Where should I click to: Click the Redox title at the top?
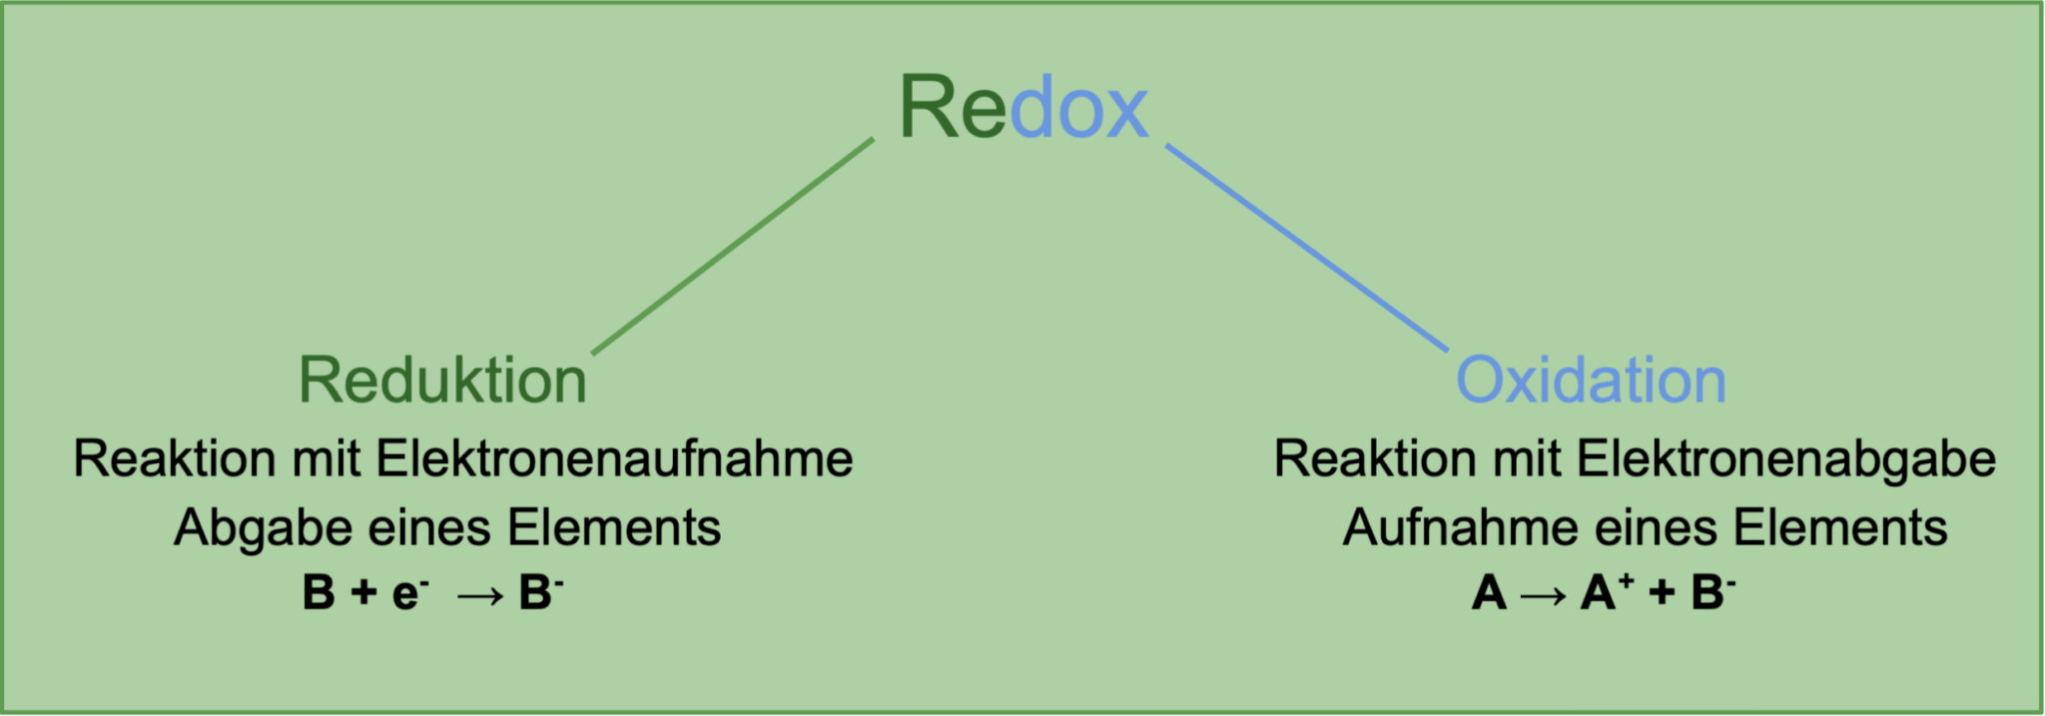pos(1023,107)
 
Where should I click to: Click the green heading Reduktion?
pos(442,380)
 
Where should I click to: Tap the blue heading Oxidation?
pos(1591,380)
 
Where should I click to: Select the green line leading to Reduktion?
pos(733,246)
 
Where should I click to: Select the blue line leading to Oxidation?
pos(1306,247)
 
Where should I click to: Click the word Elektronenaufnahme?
pos(614,459)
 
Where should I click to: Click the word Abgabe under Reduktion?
pos(263,527)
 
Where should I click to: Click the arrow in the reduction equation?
pos(480,595)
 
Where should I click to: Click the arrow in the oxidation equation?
pos(1543,595)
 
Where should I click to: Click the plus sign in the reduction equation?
pos(363,593)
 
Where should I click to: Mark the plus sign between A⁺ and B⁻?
pos(1662,593)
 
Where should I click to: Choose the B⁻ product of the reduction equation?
pos(540,592)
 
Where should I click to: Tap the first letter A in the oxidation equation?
pos(1489,593)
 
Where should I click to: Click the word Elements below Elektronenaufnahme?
pos(614,527)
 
